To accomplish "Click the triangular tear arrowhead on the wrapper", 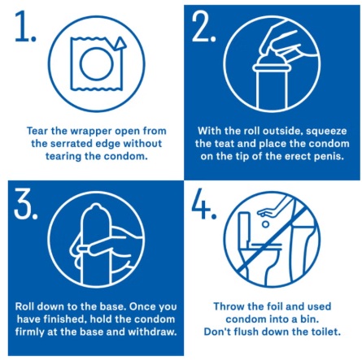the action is click(120, 44).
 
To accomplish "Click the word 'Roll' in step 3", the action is click(24, 306).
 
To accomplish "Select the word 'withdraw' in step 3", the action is click(152, 332).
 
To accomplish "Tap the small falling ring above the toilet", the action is click(265, 224).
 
